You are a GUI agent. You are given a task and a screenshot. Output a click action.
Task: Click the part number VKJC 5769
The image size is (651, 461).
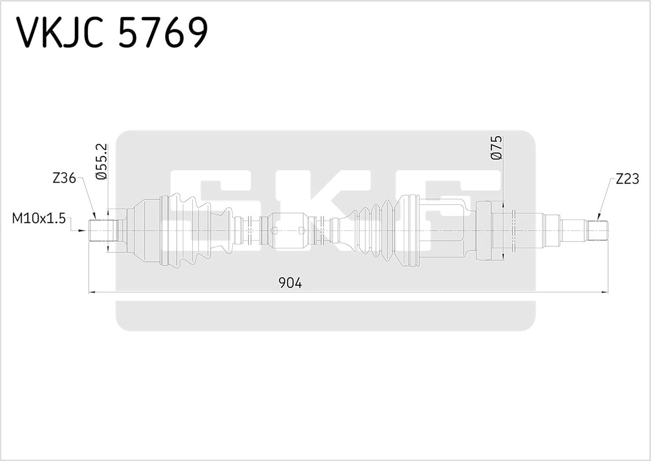[x=112, y=33]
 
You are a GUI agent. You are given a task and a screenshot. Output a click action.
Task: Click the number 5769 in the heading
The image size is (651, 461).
[x=162, y=33]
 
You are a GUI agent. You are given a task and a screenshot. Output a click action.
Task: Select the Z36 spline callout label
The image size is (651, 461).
[x=64, y=178]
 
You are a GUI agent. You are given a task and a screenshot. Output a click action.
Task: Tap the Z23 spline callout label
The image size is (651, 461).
[x=627, y=178]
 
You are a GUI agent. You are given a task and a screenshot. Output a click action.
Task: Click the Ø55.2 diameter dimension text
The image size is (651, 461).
[x=101, y=162]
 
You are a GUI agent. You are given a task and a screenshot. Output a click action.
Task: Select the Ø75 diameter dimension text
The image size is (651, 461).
[x=497, y=148]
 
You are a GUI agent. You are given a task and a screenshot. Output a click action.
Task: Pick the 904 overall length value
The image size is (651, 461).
[x=289, y=282]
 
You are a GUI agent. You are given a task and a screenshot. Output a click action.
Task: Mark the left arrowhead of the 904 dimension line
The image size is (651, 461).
[x=92, y=292]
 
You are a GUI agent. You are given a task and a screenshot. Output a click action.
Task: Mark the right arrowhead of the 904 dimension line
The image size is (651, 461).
[x=605, y=292]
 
